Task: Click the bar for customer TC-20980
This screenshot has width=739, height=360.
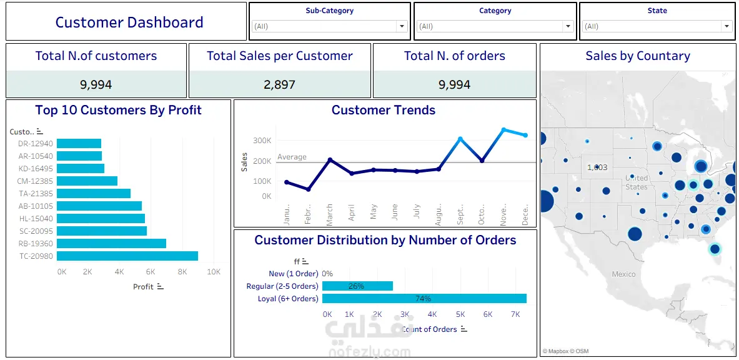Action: (x=127, y=256)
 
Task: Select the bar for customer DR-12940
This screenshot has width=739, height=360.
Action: (x=79, y=143)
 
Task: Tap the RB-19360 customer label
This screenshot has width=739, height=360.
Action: (x=36, y=243)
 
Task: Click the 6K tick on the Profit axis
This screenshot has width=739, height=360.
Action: (x=151, y=272)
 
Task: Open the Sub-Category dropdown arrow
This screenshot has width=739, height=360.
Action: (x=402, y=26)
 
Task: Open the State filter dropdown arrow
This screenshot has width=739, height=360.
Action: (x=726, y=26)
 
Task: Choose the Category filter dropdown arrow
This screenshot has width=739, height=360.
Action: (x=567, y=26)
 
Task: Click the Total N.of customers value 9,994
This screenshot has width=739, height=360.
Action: (x=96, y=84)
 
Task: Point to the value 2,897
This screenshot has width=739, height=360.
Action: (x=279, y=84)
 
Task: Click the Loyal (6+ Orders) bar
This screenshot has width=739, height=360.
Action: (x=424, y=298)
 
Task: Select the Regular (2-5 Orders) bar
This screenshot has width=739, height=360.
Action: (x=357, y=286)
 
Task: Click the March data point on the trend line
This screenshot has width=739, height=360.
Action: (x=330, y=160)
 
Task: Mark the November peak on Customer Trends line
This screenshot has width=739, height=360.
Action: (x=503, y=130)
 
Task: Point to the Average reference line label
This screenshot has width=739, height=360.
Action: (x=292, y=157)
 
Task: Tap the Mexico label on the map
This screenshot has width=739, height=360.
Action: (x=623, y=274)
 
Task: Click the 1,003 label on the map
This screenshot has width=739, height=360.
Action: (x=597, y=167)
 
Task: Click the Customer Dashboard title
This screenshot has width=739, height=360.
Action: (x=129, y=22)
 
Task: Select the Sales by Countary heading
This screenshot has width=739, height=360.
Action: (x=638, y=56)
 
